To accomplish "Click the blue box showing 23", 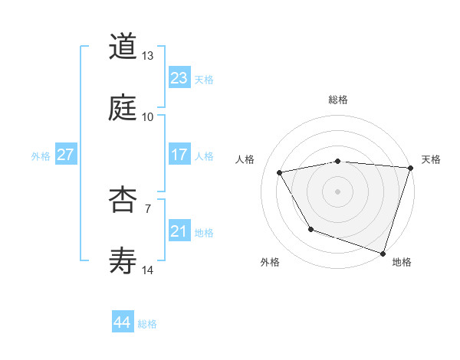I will tap(179, 78).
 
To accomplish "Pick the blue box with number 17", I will tap(179, 155).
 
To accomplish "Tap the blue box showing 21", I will tap(179, 231).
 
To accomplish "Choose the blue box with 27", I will tap(65, 155).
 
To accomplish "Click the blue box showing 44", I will tap(122, 322).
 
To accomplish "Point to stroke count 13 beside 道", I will tap(147, 56).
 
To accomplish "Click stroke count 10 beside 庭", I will tap(147, 116).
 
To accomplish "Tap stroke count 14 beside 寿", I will tap(147, 270).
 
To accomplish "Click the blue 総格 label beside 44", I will tap(147, 324).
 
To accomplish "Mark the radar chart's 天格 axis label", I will tap(431, 159).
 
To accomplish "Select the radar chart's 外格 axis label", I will tap(270, 262).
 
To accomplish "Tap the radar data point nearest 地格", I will tap(383, 253).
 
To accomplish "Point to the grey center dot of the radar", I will tap(337, 191).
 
